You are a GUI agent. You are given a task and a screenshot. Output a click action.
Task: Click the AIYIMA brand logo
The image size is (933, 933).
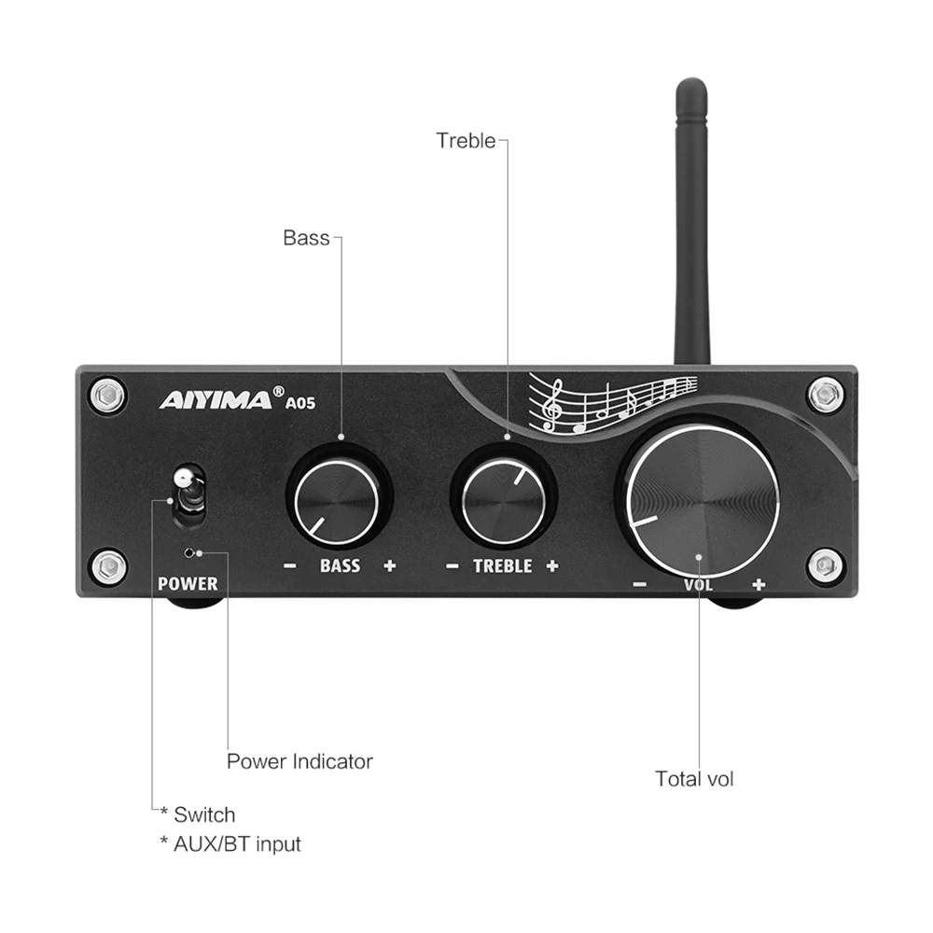point(214,400)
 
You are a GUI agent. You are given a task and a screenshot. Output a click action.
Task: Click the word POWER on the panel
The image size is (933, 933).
point(188,584)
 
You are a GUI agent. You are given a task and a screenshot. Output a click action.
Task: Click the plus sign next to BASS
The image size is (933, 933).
point(389,565)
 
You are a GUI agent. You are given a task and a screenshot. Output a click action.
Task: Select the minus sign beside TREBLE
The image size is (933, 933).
point(453,565)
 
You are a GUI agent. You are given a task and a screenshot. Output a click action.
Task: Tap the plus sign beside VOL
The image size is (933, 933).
point(759,585)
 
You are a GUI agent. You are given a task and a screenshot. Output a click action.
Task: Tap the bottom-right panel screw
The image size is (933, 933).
point(825,564)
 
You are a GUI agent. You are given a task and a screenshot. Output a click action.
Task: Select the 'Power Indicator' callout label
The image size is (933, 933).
point(299,761)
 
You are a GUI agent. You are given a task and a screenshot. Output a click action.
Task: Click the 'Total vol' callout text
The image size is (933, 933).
point(694,778)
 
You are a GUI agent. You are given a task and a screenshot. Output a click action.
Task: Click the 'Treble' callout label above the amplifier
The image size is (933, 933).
point(466,141)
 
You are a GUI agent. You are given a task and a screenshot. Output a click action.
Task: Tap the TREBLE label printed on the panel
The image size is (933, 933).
point(502,565)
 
